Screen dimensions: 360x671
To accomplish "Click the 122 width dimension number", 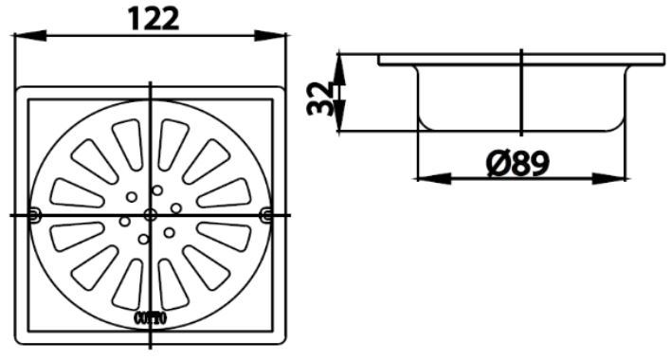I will (x=152, y=19).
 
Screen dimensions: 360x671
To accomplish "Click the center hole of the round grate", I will (x=151, y=215).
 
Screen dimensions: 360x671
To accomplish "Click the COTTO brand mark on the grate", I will (x=152, y=318).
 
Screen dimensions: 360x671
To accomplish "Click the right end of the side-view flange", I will (x=661, y=60).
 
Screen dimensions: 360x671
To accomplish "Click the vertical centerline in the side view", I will (x=521, y=95).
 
